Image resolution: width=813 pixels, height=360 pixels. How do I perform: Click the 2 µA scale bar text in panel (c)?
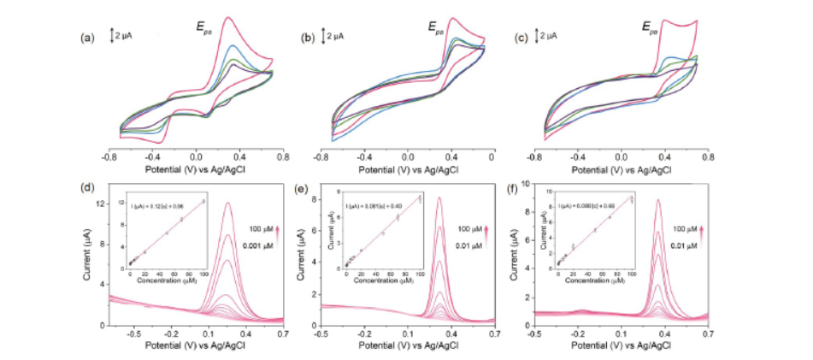(547, 36)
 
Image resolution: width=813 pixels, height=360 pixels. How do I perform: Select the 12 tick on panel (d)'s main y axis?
(100, 204)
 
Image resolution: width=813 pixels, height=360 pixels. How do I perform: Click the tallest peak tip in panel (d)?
(228, 203)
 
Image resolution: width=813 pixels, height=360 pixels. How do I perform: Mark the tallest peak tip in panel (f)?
(657, 200)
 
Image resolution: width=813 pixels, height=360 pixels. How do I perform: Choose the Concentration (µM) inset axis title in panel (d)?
(168, 281)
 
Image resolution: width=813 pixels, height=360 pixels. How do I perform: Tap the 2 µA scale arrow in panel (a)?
(112, 37)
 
